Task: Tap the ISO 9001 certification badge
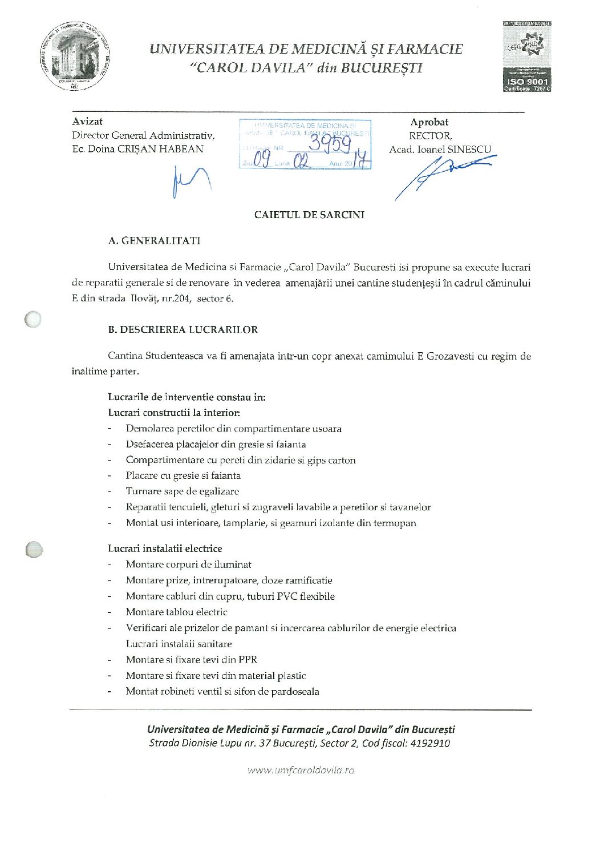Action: click(x=526, y=57)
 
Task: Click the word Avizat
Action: click(x=87, y=121)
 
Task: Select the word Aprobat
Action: click(x=429, y=122)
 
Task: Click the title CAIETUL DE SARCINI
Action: click(x=309, y=215)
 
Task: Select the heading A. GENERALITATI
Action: click(x=154, y=240)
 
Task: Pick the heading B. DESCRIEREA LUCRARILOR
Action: click(x=183, y=329)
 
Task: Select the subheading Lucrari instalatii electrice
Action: click(x=165, y=548)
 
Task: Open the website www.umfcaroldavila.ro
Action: click(x=301, y=769)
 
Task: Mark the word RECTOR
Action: click(x=430, y=135)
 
